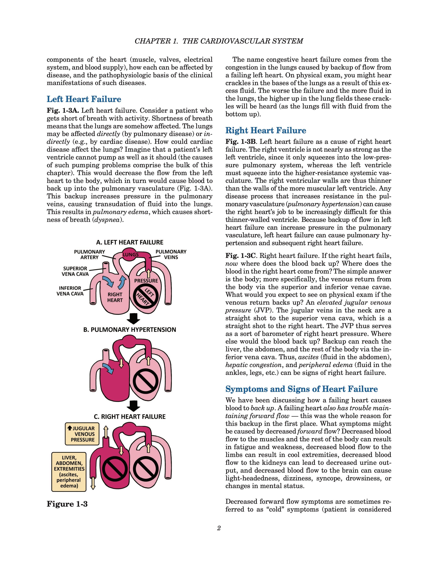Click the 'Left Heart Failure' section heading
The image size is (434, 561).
84,99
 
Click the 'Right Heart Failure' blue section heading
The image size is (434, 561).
266,131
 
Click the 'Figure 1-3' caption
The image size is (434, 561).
67,504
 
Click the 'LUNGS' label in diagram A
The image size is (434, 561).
131,254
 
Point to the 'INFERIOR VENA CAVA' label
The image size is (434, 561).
70,291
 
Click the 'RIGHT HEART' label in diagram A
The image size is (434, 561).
115,297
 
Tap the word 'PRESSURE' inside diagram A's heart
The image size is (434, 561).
146,281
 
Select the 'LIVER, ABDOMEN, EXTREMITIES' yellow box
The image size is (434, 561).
69,472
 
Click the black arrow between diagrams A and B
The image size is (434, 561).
133,319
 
